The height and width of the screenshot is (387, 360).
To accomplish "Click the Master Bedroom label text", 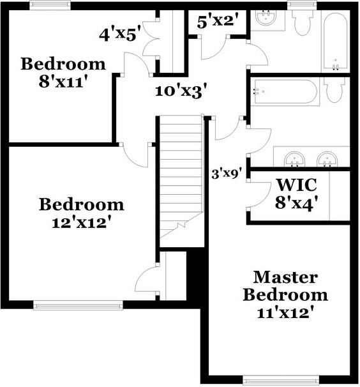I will [285, 287].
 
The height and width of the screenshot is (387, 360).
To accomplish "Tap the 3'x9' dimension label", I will [226, 172].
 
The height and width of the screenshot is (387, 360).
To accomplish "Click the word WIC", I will [296, 186].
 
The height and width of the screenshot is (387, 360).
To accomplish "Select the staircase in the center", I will [181, 179].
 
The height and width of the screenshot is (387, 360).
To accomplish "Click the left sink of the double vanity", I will [294, 157].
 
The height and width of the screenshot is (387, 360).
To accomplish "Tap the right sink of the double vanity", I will [327, 157].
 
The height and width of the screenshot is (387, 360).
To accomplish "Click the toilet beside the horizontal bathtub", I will [334, 89].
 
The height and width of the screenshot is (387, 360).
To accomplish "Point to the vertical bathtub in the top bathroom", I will [334, 42].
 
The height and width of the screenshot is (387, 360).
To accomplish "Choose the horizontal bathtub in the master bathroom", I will [285, 92].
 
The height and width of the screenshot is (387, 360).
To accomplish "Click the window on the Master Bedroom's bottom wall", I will [281, 381].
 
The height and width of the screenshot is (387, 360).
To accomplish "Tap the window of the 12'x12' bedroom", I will [78, 306].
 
